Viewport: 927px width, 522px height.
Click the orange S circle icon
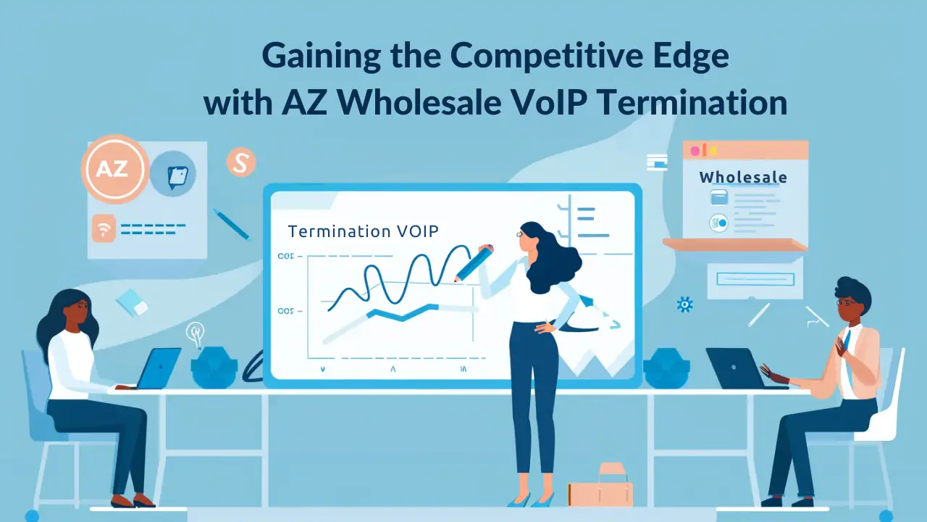click(240, 162)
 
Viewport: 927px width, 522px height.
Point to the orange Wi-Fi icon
click(104, 228)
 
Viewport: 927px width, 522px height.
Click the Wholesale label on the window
click(743, 178)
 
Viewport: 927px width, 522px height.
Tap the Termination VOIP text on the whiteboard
click(363, 231)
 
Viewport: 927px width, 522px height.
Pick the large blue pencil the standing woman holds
click(473, 263)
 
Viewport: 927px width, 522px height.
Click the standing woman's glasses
click(521, 234)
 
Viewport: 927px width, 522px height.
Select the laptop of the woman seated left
click(158, 368)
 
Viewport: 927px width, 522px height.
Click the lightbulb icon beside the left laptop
click(195, 333)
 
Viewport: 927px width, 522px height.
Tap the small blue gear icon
click(684, 304)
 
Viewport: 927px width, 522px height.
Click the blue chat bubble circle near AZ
click(174, 174)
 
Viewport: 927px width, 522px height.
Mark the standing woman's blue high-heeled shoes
click(531, 498)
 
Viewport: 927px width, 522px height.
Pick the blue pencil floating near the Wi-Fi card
click(230, 223)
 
